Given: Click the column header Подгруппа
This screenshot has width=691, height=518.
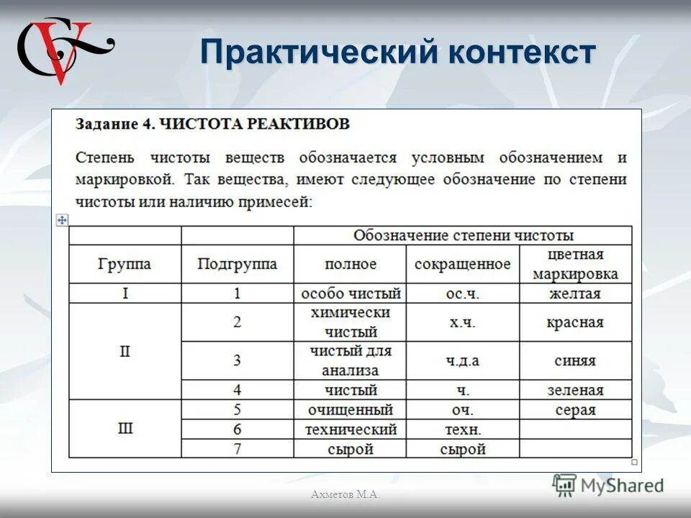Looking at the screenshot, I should point(237,264).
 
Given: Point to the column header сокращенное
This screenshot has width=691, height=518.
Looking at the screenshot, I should point(462,264).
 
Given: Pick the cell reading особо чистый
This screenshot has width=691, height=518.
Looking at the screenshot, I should point(351,294).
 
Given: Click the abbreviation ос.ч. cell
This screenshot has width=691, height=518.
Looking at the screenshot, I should point(462,294).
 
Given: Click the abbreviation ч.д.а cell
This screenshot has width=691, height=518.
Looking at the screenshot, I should point(462,360).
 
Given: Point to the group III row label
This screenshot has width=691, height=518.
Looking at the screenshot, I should point(125,429).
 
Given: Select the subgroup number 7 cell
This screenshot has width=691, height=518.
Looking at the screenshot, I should point(237,449).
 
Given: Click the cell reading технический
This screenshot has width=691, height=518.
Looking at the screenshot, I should point(351,430).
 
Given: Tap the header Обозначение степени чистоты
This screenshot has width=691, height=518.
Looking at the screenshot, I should point(463,235).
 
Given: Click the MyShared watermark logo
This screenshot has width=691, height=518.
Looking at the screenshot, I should point(608,485).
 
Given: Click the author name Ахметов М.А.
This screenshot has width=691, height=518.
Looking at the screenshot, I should point(345,494).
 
